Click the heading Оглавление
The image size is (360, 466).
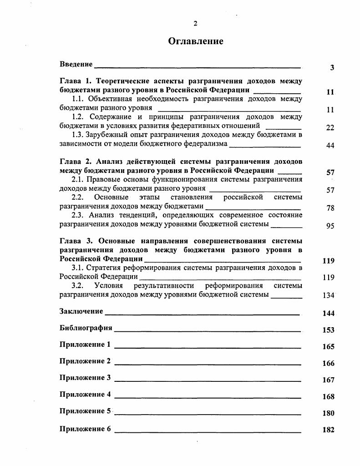[x=196, y=41]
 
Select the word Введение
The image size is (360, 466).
[x=76, y=64]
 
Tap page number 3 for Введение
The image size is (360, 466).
[x=332, y=68]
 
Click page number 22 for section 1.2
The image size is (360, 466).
[x=330, y=128]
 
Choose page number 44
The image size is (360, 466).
[x=330, y=146]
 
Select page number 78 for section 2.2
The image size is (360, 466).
[x=330, y=208]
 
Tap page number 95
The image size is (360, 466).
[x=330, y=226]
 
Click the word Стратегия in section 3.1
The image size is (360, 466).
[x=104, y=268]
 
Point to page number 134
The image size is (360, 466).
[x=329, y=295]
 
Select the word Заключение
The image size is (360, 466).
[x=81, y=311]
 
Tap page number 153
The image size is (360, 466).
[x=329, y=330]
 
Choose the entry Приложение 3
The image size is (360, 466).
[x=85, y=378]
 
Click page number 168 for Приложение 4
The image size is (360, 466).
[x=329, y=397]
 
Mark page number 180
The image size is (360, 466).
[x=329, y=414]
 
